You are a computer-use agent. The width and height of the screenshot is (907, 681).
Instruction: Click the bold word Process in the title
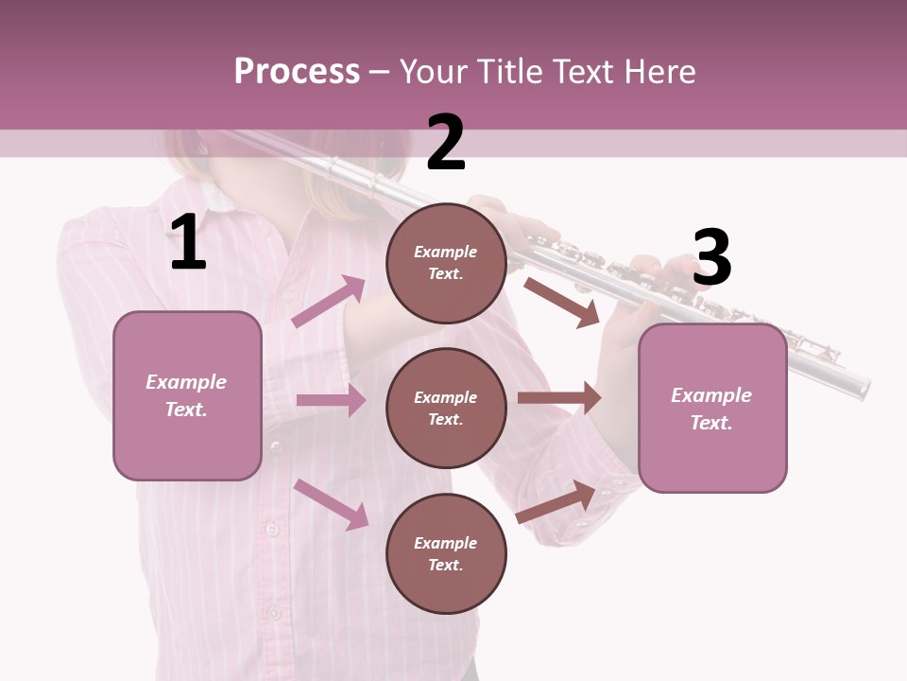point(297,71)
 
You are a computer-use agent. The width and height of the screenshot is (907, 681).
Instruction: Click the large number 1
point(188,243)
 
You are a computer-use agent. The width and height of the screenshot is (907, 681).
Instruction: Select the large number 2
point(446,143)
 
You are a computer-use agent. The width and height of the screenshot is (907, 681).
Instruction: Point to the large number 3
point(711,257)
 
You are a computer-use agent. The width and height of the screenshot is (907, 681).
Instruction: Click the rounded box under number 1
point(187,395)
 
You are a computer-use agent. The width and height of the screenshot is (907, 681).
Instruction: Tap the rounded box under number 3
point(712,409)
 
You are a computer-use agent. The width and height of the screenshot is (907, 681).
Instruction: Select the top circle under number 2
point(446,263)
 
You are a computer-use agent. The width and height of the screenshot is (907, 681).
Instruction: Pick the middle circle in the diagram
point(446,409)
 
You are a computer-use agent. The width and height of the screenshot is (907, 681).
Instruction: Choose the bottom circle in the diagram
point(446,554)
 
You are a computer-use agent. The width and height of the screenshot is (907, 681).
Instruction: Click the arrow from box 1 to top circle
point(329,301)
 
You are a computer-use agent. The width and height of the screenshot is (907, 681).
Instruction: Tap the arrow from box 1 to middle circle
point(331,401)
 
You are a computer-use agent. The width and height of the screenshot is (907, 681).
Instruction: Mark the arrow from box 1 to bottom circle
point(331,504)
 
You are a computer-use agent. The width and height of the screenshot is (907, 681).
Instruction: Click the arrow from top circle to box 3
point(561,302)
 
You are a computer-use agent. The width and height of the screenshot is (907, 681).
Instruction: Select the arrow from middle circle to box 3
point(559,398)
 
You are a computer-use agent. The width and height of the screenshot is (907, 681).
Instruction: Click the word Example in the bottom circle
point(446,543)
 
